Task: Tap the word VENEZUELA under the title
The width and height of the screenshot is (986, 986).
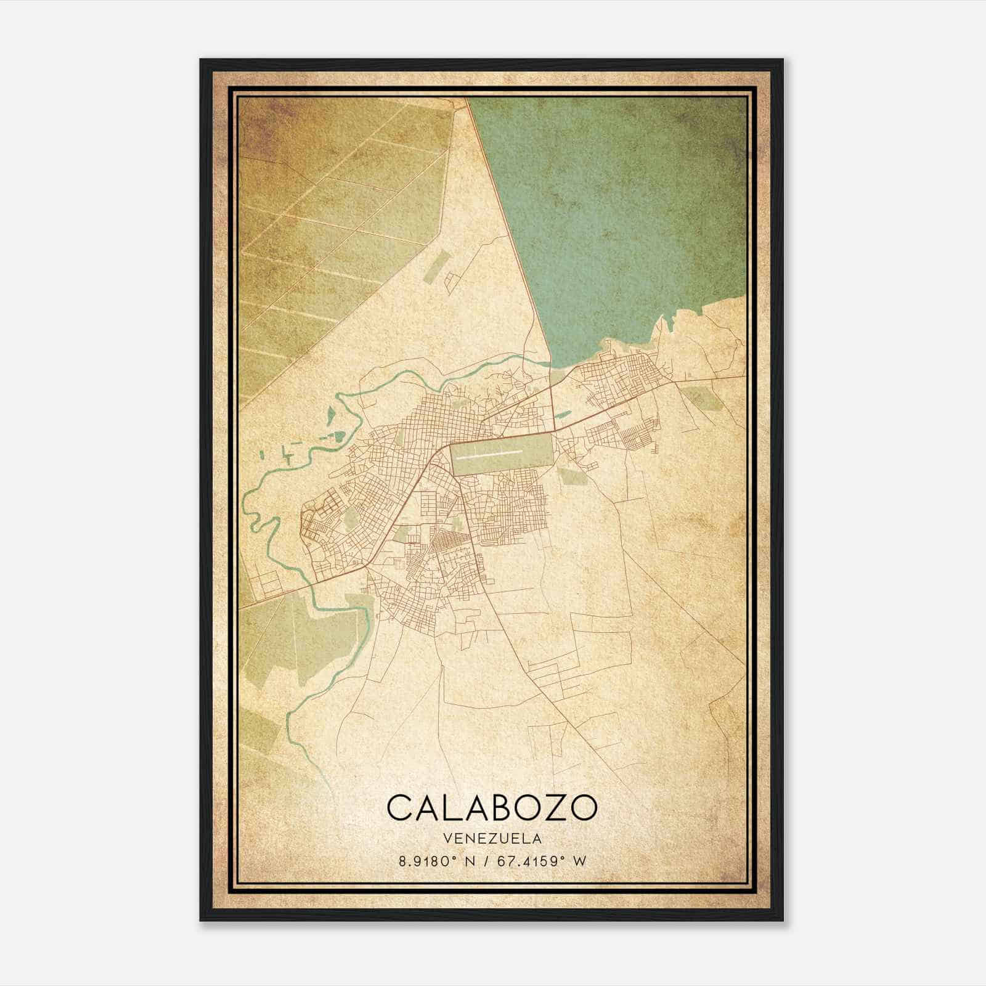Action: pyautogui.click(x=492, y=838)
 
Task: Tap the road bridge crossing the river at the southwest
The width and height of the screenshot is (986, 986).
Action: pyautogui.click(x=312, y=582)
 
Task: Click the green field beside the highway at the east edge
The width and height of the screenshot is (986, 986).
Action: pyautogui.click(x=703, y=399)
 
